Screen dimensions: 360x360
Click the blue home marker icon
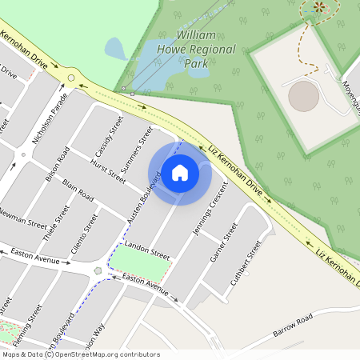pos(180,172)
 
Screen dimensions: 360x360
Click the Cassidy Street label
pos(108,132)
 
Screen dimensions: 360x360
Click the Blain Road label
pos(78,190)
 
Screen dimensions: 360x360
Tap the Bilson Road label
pos(58,166)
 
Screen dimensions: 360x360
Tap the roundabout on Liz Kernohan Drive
pos(72,78)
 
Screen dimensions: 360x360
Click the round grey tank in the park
pos(303,97)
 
